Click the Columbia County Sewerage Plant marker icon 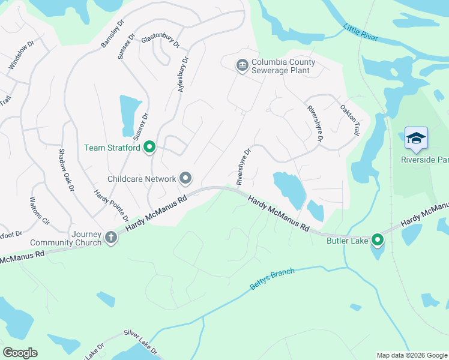(242, 65)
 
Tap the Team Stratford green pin (149, 147)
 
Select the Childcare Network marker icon (185, 178)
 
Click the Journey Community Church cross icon (110, 238)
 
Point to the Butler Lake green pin (378, 241)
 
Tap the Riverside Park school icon (416, 139)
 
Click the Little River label (361, 32)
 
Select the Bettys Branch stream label (272, 280)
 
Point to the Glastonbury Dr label (160, 41)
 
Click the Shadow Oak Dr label (65, 169)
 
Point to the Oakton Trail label (351, 119)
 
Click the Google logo (20, 353)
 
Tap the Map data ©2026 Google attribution (411, 355)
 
